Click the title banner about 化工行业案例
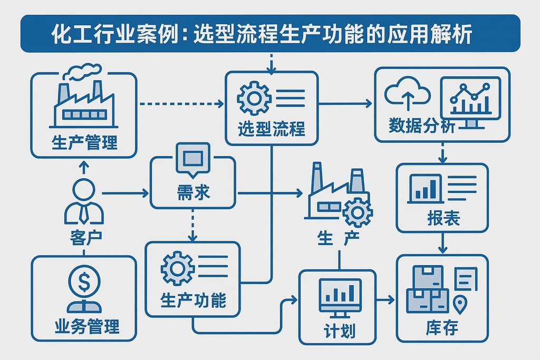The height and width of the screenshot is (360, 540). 270,34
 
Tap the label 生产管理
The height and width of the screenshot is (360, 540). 84,142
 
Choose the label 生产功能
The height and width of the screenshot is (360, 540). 193,300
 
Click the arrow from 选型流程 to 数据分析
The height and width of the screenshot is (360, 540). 345,104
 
